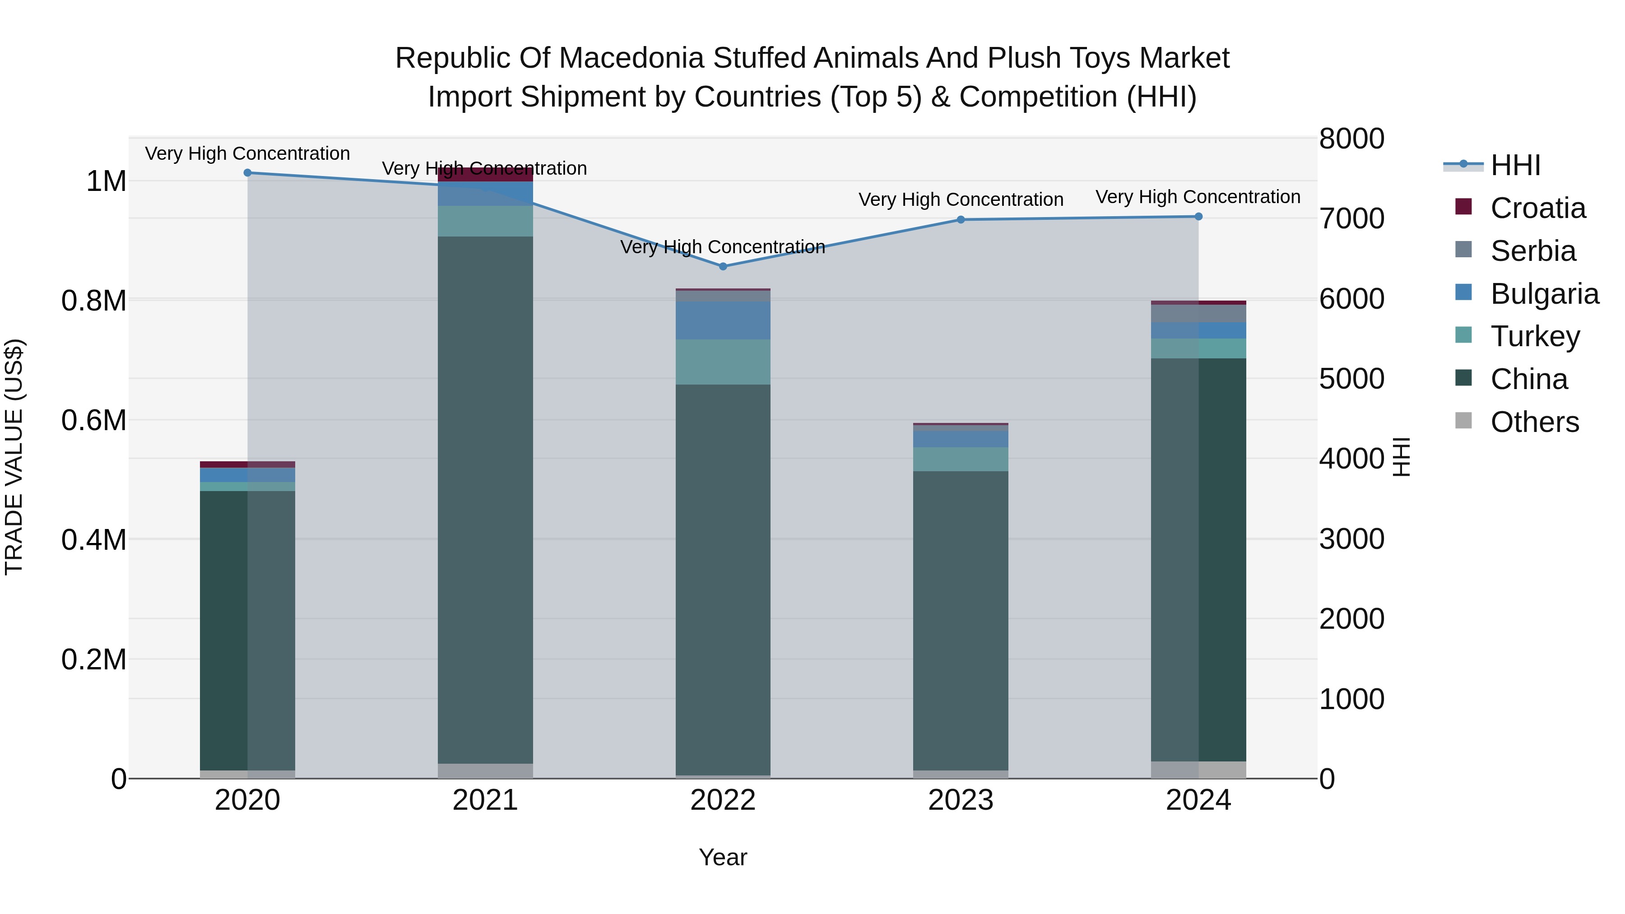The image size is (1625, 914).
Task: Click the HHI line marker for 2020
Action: click(247, 173)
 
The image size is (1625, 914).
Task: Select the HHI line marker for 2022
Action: click(723, 266)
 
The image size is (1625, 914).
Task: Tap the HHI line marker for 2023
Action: click(961, 219)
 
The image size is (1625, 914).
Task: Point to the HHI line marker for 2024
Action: click(1198, 216)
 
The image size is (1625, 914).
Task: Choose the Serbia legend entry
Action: click(1532, 251)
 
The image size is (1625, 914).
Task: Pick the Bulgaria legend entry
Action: click(1544, 294)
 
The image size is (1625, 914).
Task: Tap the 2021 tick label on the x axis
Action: click(485, 800)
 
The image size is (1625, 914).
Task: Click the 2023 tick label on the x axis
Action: click(961, 800)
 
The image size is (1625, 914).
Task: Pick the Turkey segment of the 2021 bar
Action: click(485, 221)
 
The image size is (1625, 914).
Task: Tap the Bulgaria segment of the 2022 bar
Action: click(723, 320)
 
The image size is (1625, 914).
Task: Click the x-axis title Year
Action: click(723, 857)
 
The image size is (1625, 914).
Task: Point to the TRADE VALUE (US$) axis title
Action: click(14, 457)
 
